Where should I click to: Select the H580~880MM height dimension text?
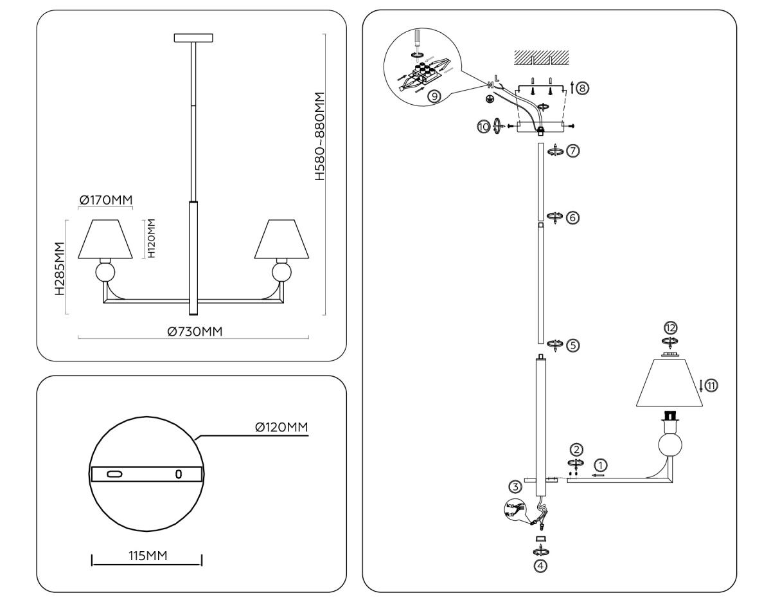click(x=319, y=136)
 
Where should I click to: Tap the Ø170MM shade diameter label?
click(x=105, y=201)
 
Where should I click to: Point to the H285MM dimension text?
click(x=59, y=268)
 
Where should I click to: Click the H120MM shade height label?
click(x=152, y=239)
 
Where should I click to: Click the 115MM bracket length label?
click(x=146, y=556)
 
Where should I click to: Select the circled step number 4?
click(x=541, y=567)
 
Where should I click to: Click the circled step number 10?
click(x=483, y=126)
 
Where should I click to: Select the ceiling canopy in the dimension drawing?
click(x=193, y=38)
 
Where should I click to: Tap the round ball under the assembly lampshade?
click(x=671, y=446)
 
